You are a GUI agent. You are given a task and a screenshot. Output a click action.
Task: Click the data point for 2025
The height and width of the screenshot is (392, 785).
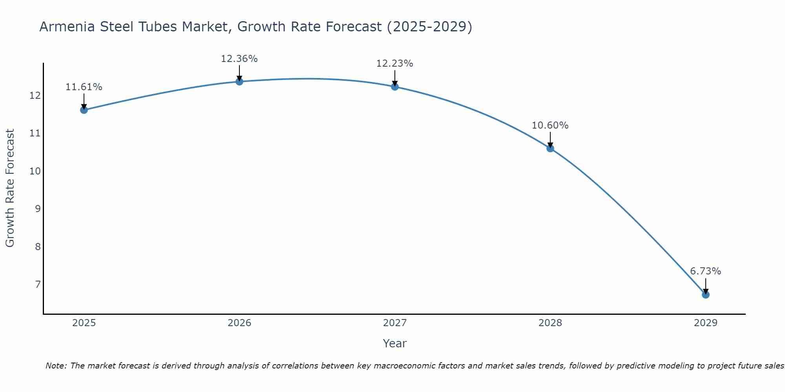coord(84,110)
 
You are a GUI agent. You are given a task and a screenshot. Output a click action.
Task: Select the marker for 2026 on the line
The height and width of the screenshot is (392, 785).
coord(239,82)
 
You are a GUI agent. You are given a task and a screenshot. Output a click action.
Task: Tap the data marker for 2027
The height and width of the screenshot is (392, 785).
coord(395,87)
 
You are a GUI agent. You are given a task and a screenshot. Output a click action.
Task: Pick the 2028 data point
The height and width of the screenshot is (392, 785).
coord(550,148)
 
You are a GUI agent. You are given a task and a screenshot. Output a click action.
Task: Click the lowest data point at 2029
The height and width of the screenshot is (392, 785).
coord(705,294)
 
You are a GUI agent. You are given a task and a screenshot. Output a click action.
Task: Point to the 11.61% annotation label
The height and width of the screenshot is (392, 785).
coord(84,87)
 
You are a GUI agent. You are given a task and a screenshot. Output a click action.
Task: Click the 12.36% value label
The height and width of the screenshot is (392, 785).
coord(239,59)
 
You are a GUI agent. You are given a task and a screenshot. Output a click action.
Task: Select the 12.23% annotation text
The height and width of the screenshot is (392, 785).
coord(394,64)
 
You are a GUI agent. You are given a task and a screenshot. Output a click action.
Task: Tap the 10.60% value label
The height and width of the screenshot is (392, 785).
coord(550,125)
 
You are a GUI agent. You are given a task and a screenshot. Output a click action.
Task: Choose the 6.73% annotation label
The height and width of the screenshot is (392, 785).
coord(705,271)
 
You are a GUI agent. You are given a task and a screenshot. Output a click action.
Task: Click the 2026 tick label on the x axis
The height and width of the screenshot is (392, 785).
coord(239,323)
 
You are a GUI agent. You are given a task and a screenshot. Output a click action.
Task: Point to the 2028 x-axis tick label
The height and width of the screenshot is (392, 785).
coord(550,323)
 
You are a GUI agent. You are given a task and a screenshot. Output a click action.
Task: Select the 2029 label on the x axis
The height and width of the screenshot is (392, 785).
coord(705,323)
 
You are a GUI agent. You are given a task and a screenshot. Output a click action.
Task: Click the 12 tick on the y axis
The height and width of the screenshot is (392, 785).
coord(35,96)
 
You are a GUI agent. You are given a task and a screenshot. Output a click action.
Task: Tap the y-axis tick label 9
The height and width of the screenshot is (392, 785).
coord(38,209)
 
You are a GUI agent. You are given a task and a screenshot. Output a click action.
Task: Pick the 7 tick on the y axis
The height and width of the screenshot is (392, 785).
coord(38,284)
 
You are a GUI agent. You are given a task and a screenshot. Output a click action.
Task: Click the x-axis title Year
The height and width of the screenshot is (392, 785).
coord(394,343)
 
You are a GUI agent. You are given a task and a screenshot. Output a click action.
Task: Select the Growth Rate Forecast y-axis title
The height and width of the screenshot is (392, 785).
coord(10,188)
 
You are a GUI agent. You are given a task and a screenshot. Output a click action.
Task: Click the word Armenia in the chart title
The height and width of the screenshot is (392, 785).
coord(67,27)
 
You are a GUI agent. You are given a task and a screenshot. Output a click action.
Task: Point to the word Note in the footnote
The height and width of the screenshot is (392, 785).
coord(57,366)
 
